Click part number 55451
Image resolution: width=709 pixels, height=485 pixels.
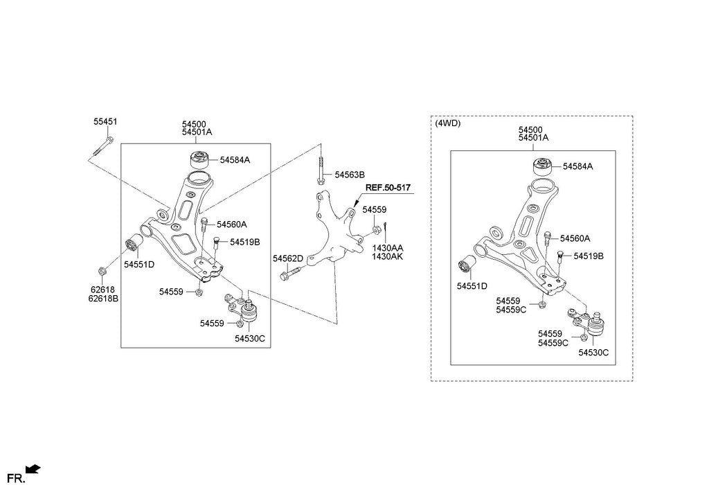coord(105,121)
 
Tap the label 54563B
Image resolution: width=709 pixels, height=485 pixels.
coord(350,175)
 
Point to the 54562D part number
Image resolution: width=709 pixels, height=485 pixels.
coord(287,258)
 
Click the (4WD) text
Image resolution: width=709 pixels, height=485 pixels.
coord(448,123)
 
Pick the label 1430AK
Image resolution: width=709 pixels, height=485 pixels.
coord(388,256)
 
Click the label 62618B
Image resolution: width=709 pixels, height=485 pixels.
coord(103,299)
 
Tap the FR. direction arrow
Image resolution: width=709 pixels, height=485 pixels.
coord(33,470)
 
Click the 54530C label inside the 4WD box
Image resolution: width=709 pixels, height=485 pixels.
coord(593,353)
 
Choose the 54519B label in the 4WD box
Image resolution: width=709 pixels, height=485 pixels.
coord(589,256)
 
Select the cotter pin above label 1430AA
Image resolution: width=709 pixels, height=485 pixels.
coord(386,228)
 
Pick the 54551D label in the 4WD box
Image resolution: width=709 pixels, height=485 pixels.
coord(472,285)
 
